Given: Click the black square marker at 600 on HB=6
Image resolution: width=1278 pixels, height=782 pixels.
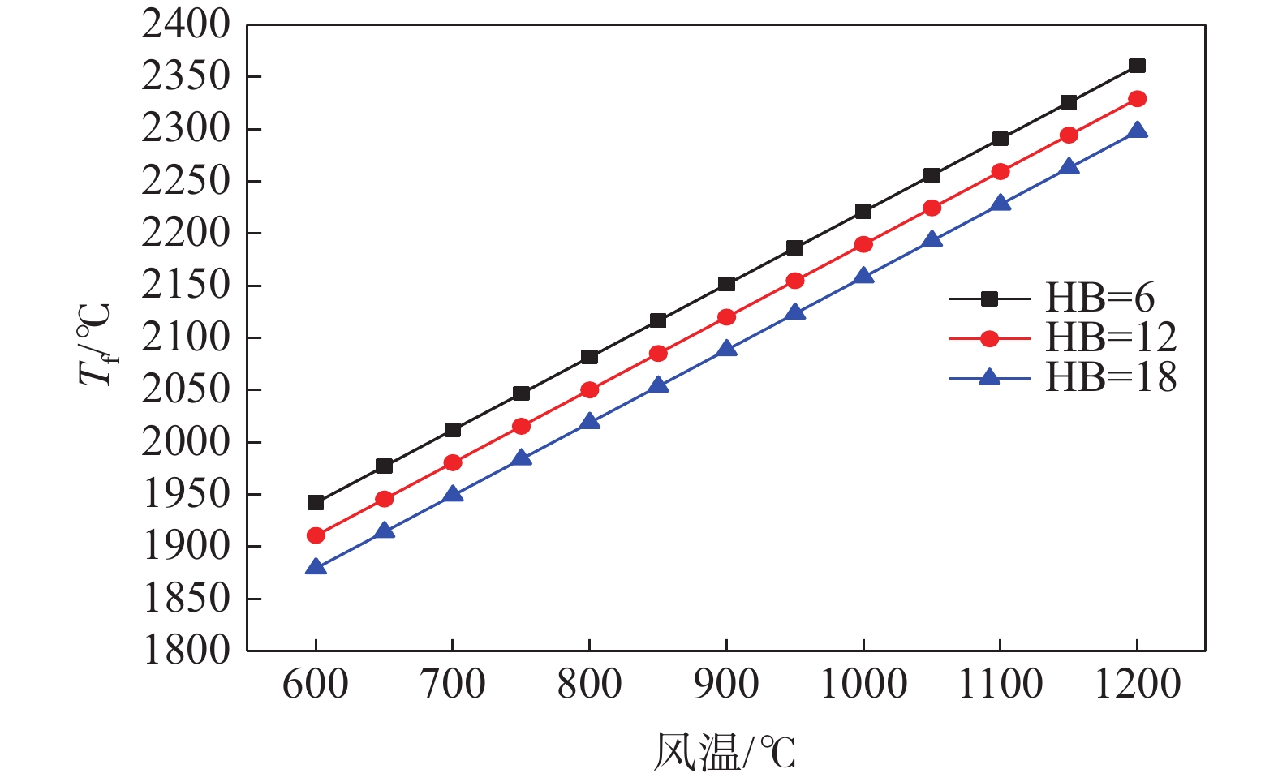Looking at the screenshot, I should click(x=316, y=503).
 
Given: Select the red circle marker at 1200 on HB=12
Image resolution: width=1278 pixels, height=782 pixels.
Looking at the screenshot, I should click(x=1138, y=99).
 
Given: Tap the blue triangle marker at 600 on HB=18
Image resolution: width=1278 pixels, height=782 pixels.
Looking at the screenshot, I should click(x=316, y=567).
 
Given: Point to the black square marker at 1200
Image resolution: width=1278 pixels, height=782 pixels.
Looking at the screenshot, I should click(x=1138, y=66).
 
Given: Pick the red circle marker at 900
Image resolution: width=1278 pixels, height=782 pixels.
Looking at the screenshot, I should click(x=727, y=317).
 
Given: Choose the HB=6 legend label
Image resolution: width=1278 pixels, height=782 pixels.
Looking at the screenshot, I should click(x=1099, y=299).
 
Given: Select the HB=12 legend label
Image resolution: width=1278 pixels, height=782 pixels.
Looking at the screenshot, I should click(x=1111, y=338).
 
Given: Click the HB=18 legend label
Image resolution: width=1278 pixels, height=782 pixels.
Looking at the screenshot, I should click(x=1111, y=378).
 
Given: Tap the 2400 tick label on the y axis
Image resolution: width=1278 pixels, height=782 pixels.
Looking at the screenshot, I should click(x=187, y=25).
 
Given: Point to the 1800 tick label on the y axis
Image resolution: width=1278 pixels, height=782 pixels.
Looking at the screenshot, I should click(x=187, y=650).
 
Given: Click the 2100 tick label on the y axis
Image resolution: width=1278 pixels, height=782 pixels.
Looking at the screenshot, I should click(x=187, y=337).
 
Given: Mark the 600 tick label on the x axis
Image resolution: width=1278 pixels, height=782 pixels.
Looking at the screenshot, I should click(x=316, y=684).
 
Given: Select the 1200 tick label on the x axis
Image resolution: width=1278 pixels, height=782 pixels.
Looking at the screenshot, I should click(x=1138, y=684).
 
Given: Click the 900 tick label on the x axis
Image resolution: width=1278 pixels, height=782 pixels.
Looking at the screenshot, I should click(x=727, y=684).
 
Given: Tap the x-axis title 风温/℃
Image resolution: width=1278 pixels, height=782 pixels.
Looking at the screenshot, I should click(x=725, y=752).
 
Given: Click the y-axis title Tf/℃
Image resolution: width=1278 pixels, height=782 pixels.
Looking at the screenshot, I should click(x=94, y=344).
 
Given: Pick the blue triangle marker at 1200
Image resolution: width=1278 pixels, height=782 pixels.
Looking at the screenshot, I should click(x=1138, y=131).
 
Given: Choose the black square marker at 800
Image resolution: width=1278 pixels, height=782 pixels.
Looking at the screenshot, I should click(x=590, y=357).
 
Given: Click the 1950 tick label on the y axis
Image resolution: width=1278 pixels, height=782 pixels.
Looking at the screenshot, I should click(x=187, y=494).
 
